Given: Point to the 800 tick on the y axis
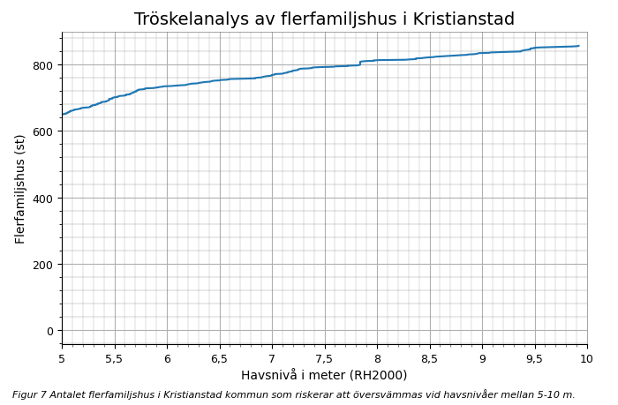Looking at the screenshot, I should (43, 65).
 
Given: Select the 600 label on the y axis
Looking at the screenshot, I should (43, 131).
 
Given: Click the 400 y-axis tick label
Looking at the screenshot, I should (43, 198).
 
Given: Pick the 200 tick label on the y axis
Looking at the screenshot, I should (43, 265).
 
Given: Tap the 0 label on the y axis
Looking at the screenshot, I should (50, 331).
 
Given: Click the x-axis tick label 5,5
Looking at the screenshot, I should (114, 359).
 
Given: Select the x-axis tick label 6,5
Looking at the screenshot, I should (219, 359).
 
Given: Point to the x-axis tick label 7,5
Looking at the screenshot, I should (324, 359).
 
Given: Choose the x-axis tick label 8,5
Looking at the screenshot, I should (429, 359).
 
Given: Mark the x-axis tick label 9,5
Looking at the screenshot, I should (534, 359).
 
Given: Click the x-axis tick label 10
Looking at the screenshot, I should (586, 359).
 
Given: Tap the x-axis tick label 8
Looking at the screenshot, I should (377, 359).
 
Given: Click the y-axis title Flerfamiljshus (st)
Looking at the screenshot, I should (20, 189).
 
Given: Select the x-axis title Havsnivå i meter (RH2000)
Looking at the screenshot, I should (324, 376).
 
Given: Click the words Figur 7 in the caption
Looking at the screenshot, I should (28, 395).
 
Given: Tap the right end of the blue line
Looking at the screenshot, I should (579, 46).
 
